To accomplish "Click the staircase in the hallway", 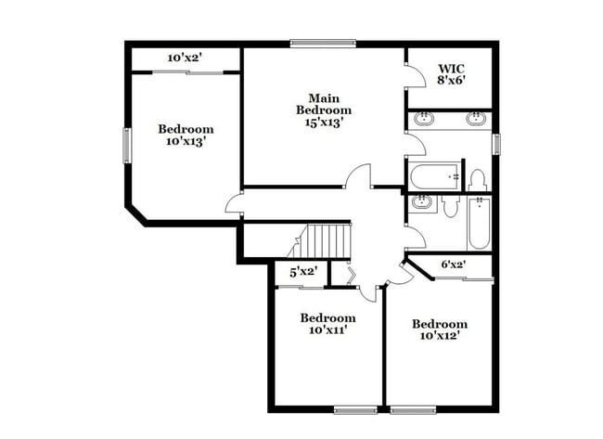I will coord(324,240).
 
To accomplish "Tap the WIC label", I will coord(451,68).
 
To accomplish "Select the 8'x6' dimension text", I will coord(451,80).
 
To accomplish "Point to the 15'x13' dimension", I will coord(324,123).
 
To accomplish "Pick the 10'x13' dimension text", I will coord(186,142).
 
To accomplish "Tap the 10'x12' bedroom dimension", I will coord(440,336).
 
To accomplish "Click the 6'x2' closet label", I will coord(454,265).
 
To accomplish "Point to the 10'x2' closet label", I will coord(186,58).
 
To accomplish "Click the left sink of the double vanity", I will coord(424,119).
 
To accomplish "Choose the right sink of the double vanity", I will coord(475,119).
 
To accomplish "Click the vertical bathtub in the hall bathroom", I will coord(478,224).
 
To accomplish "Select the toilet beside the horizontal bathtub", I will coord(477,178).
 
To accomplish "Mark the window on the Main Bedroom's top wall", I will coord(322,42).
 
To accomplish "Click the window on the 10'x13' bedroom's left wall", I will coord(127,145).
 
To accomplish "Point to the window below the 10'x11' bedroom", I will coord(355,409).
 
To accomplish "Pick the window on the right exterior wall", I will coord(496,144).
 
